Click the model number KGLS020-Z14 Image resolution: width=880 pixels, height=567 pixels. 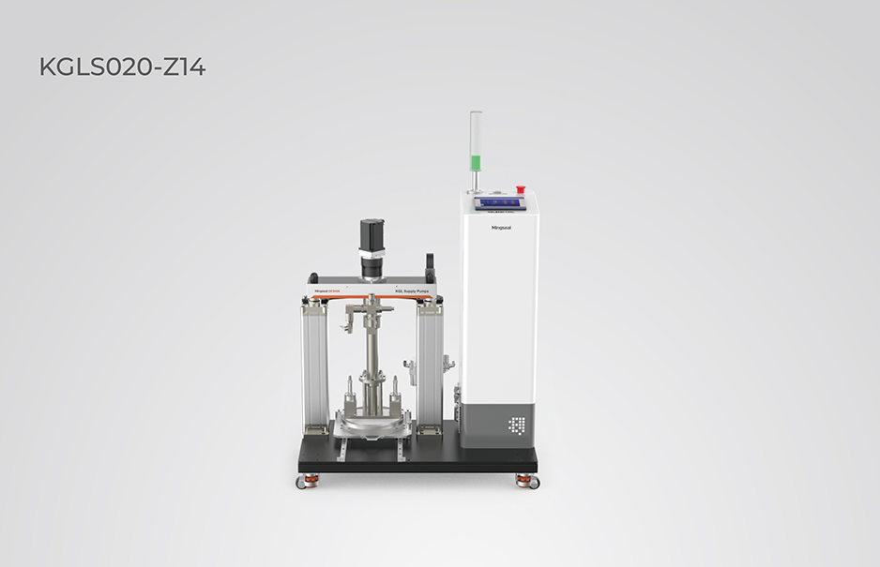click(122, 67)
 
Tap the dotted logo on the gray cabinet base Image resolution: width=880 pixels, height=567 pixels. click(516, 425)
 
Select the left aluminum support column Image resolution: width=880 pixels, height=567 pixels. click(313, 366)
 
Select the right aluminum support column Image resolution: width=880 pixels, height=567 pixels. click(432, 366)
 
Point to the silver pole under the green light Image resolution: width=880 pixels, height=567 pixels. click(475, 180)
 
